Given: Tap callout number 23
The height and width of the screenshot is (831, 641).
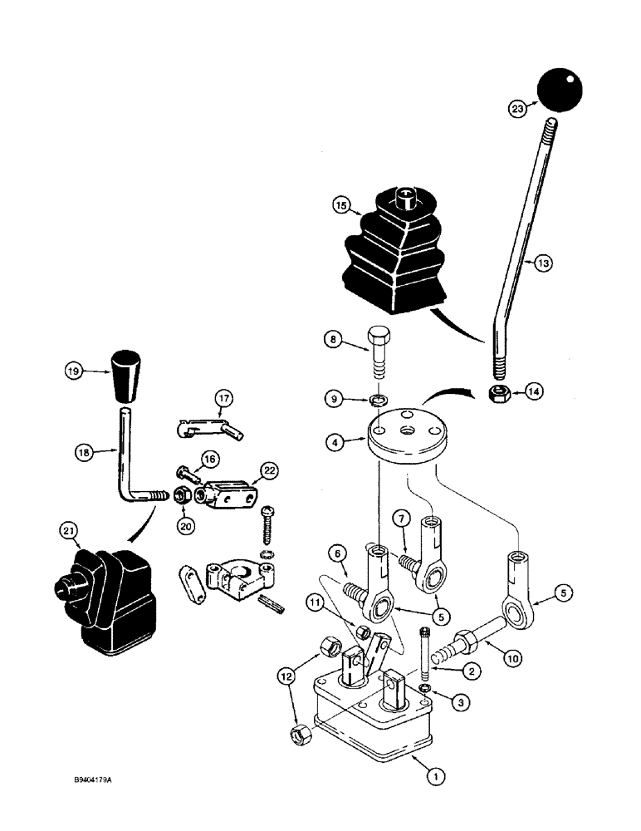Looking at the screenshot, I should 518,107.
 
